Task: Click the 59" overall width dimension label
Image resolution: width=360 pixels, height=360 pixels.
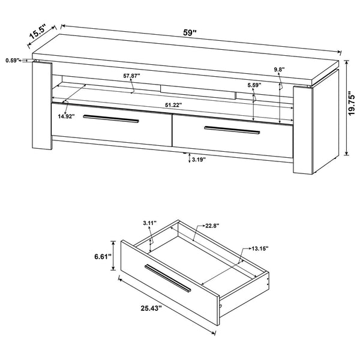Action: pyautogui.click(x=190, y=32)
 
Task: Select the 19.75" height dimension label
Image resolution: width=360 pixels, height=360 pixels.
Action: pyautogui.click(x=351, y=104)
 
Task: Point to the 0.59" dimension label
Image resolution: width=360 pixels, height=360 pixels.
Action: pyautogui.click(x=12, y=61)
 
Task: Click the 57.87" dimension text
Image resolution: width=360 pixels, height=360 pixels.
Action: pyautogui.click(x=131, y=76)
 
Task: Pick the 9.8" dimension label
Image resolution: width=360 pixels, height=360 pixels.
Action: pyautogui.click(x=279, y=69)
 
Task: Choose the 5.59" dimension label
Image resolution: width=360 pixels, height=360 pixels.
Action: pyautogui.click(x=254, y=85)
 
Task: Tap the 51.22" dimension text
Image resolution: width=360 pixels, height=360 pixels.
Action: pyautogui.click(x=173, y=105)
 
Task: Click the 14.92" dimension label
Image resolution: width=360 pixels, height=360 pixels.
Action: pyautogui.click(x=67, y=116)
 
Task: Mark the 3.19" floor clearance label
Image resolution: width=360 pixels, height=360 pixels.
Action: pyautogui.click(x=199, y=160)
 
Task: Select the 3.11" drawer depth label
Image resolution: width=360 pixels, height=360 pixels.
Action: pyautogui.click(x=149, y=223)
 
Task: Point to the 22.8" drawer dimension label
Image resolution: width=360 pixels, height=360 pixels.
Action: pyautogui.click(x=212, y=226)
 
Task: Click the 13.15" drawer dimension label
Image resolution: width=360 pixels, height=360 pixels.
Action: pyautogui.click(x=260, y=248)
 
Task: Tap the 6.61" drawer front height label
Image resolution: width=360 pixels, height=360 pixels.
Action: pyautogui.click(x=103, y=257)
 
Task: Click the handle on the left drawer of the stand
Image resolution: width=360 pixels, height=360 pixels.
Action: pyautogui.click(x=111, y=119)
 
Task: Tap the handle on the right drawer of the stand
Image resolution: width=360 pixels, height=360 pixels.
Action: pyautogui.click(x=232, y=130)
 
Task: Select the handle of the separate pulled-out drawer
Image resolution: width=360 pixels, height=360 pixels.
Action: pyautogui.click(x=168, y=278)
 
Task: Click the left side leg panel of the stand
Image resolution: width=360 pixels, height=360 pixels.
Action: pyautogui.click(x=42, y=105)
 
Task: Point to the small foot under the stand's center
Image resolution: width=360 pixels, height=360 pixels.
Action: pyautogui.click(x=184, y=152)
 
